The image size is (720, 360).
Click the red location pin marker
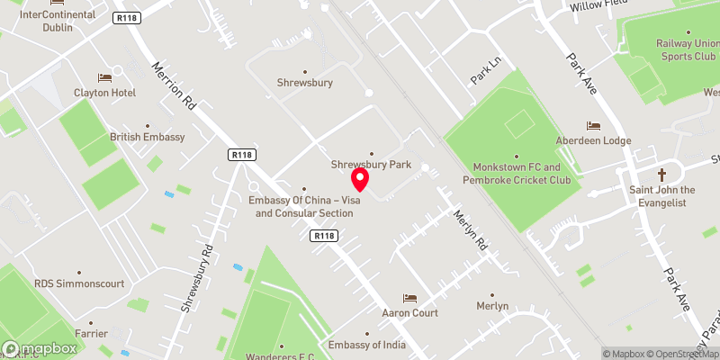[359, 180]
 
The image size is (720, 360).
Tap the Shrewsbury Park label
[371, 165]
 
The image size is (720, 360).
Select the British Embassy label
[147, 137]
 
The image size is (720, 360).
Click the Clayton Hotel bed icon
[104, 77]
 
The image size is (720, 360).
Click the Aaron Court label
[409, 313]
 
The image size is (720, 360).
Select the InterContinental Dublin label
[58, 21]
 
